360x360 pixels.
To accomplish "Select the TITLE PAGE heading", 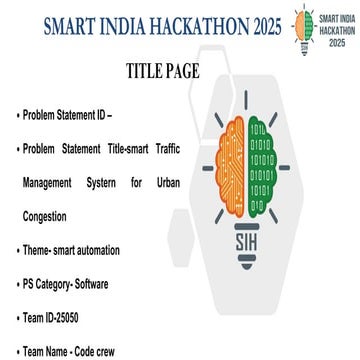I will point(163,72).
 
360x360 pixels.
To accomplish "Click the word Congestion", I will point(45,216).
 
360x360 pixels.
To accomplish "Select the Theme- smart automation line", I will point(70,250).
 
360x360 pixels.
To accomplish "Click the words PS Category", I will point(45,284).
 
